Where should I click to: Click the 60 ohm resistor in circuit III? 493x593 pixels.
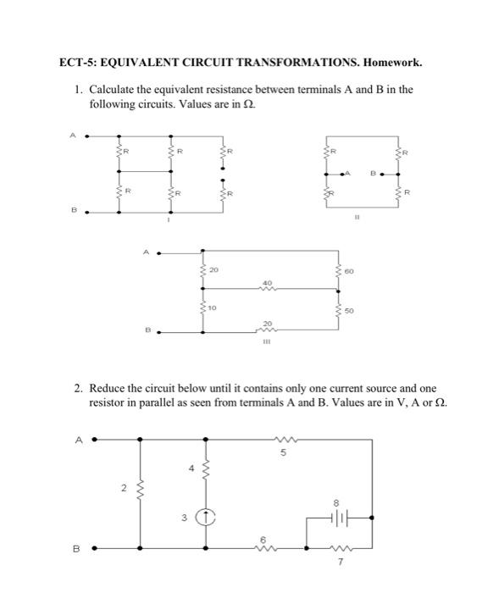point(341,273)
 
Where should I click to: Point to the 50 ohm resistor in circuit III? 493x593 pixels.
point(341,312)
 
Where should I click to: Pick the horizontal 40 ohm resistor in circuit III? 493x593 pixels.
point(268,289)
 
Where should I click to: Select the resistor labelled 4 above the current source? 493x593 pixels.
point(203,471)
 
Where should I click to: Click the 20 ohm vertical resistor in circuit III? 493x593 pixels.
point(202,271)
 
